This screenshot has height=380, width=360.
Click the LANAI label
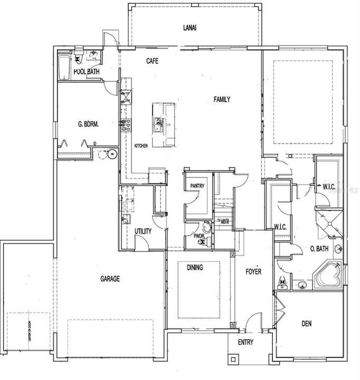click(x=191, y=28)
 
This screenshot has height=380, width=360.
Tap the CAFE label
click(x=153, y=61)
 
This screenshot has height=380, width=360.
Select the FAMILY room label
click(x=222, y=99)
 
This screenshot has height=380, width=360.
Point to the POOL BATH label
click(x=87, y=72)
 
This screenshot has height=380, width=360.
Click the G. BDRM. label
click(x=88, y=125)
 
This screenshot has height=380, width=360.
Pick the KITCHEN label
click(x=141, y=146)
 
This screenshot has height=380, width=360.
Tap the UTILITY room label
click(x=143, y=231)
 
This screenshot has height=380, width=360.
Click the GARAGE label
click(x=110, y=279)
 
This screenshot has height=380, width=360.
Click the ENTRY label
click(x=245, y=342)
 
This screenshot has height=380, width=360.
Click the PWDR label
click(x=199, y=236)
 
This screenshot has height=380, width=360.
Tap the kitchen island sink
click(x=158, y=125)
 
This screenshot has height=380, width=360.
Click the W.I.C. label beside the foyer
click(x=280, y=227)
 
